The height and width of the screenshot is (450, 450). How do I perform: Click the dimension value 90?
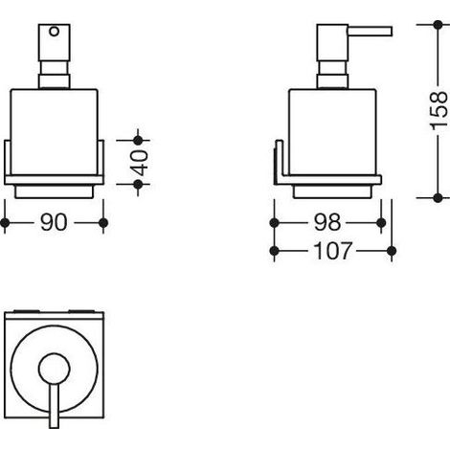(x=54, y=222)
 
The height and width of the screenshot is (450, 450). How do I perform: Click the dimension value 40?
(x=140, y=163)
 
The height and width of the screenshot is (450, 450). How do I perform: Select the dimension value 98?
(x=327, y=222)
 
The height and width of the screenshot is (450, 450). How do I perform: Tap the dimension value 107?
(x=332, y=251)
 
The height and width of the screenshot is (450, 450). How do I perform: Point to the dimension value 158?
(x=439, y=111)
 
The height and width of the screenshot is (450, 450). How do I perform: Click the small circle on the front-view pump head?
(x=54, y=32)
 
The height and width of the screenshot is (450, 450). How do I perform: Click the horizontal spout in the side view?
(x=370, y=32)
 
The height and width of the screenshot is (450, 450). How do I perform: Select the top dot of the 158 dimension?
(x=439, y=25)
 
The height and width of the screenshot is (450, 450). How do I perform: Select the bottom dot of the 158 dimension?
(x=439, y=198)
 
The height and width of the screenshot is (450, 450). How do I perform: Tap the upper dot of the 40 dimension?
(x=138, y=140)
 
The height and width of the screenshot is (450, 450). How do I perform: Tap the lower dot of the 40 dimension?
(x=138, y=185)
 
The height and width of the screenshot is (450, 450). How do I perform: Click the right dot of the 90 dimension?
(x=103, y=223)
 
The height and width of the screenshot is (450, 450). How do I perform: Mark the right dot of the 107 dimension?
(x=392, y=251)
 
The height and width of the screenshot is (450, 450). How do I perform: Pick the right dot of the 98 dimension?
(x=381, y=223)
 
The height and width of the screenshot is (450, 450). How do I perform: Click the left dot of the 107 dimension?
(x=274, y=251)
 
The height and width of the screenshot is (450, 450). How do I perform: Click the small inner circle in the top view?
(x=54, y=369)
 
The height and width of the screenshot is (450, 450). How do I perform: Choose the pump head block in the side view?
(x=332, y=42)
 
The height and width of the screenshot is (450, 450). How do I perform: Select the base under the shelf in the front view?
(x=54, y=191)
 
